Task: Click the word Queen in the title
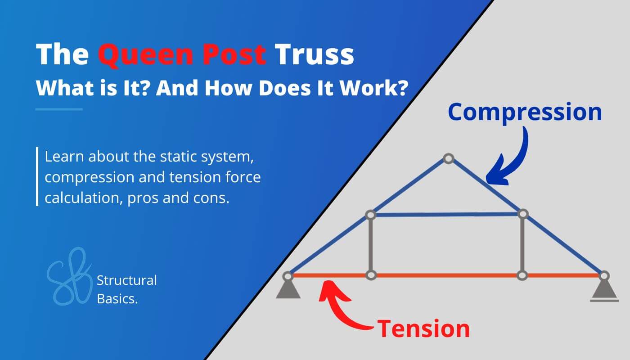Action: click(x=140, y=55)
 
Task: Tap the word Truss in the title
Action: click(x=314, y=55)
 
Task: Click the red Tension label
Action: click(x=423, y=328)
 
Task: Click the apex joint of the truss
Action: click(x=448, y=158)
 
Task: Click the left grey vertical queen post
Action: click(x=370, y=245)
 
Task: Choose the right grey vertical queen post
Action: click(x=522, y=245)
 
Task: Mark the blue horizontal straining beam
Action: click(x=445, y=215)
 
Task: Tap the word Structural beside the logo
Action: click(x=127, y=280)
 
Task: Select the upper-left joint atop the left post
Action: click(x=370, y=215)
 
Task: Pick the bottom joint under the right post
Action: click(x=522, y=275)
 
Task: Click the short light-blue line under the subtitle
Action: click(x=59, y=109)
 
